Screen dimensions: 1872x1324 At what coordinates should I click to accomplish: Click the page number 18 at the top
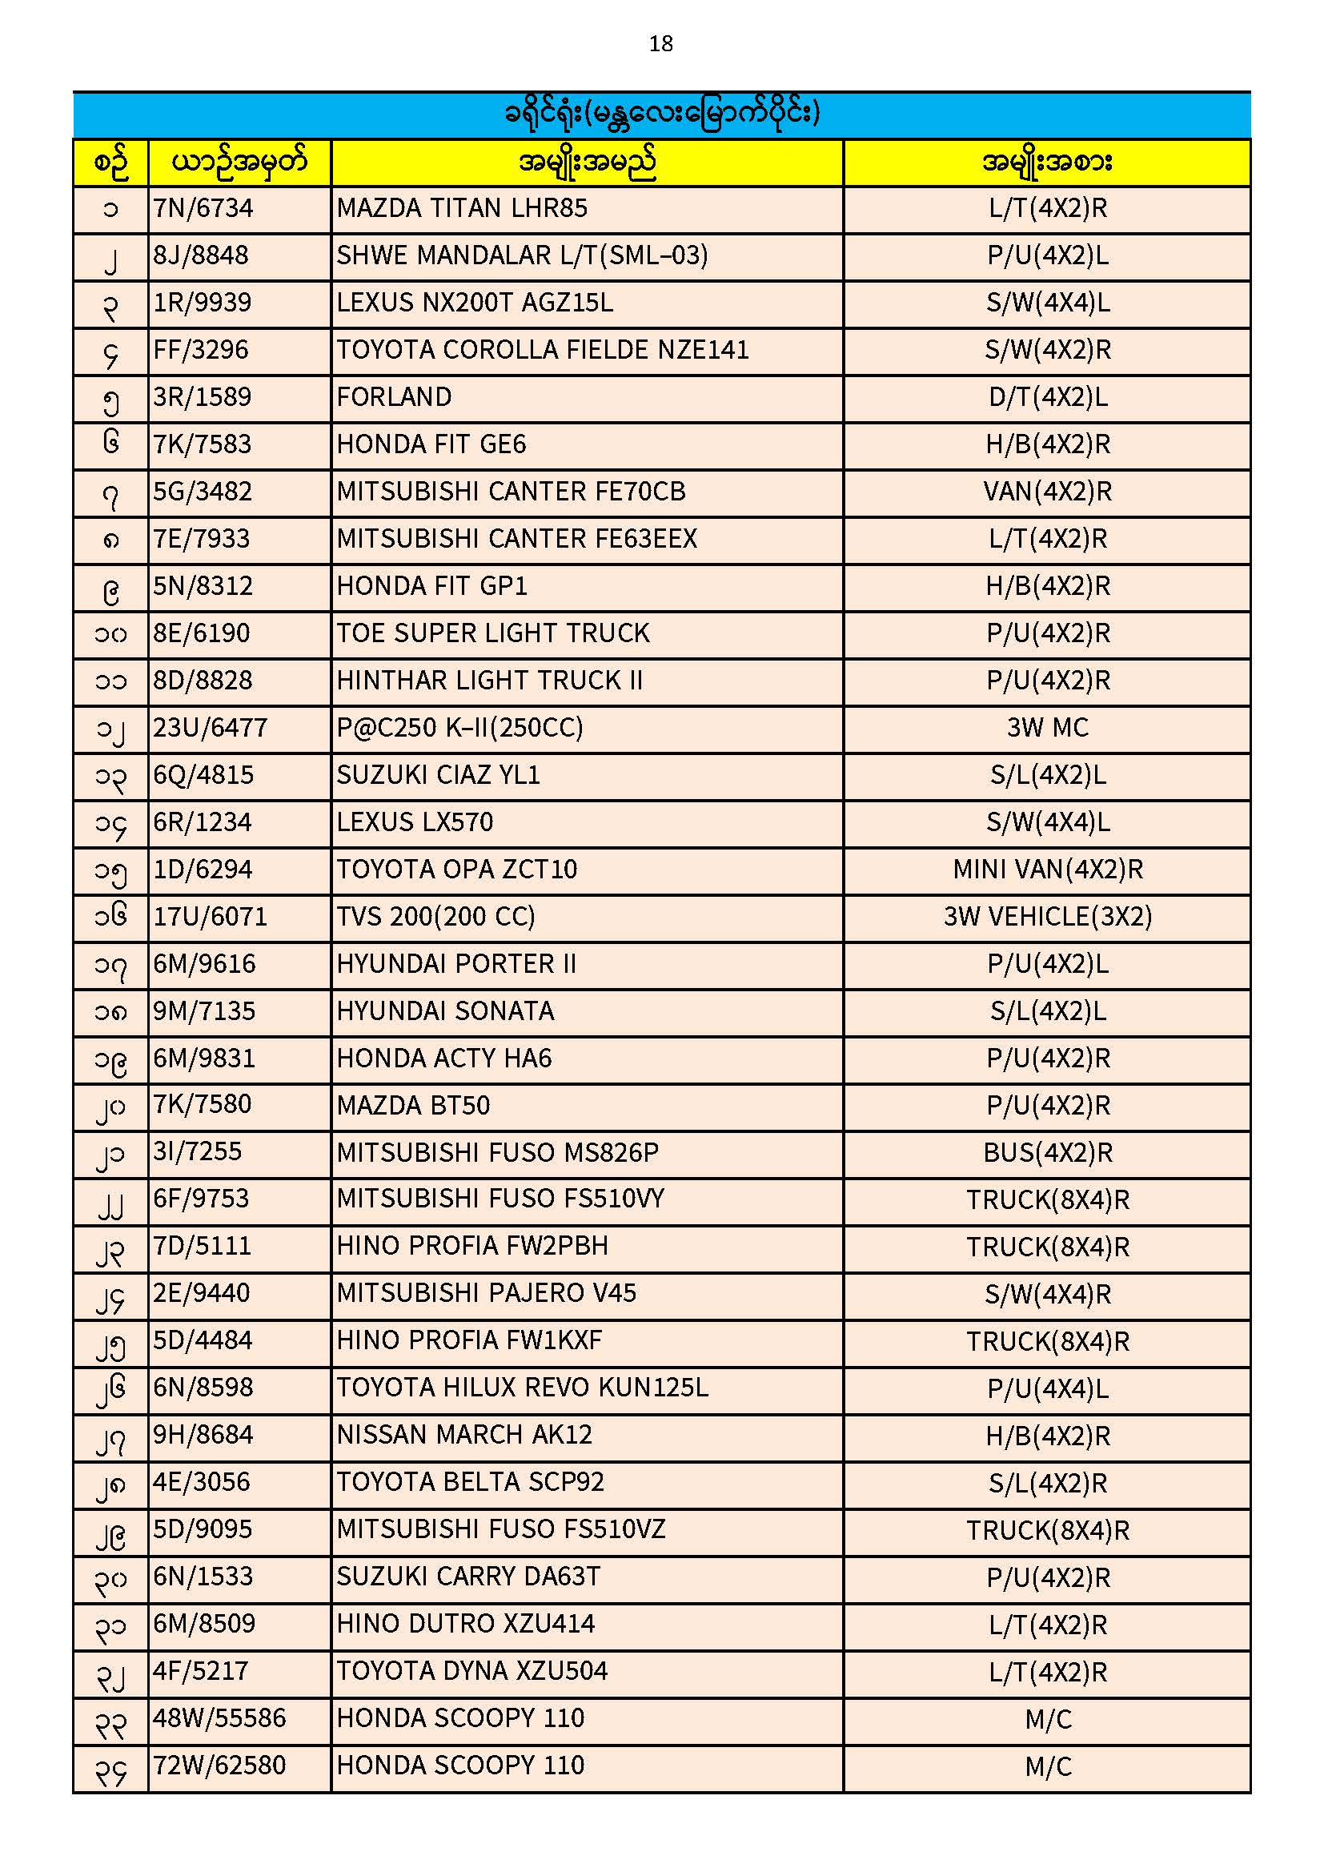tap(660, 44)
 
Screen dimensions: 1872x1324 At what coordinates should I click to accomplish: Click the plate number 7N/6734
tap(203, 209)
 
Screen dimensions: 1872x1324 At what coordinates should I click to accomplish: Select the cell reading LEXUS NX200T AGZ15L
tap(475, 303)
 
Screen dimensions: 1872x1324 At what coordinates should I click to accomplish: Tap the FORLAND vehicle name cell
tap(394, 397)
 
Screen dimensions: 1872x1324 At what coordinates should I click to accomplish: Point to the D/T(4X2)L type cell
tap(1048, 397)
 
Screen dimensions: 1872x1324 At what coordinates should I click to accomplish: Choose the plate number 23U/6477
tap(211, 727)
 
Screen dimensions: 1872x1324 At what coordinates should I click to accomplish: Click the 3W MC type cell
tap(1048, 727)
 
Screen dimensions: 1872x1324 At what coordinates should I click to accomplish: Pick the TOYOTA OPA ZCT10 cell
tap(456, 870)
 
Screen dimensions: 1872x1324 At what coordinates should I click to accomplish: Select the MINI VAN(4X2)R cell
tap(1048, 870)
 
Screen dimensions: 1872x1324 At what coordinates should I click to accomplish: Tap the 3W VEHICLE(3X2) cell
tap(1048, 917)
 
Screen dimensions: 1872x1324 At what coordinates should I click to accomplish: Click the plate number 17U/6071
tap(211, 917)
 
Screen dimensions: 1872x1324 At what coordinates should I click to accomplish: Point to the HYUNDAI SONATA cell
tap(445, 1011)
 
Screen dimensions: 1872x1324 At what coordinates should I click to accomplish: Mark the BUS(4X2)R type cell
tap(1048, 1153)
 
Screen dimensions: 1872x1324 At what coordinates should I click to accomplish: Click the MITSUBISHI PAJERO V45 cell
tap(486, 1293)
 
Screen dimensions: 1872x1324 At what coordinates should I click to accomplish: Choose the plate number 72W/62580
tap(219, 1766)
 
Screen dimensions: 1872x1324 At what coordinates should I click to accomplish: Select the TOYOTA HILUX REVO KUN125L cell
tap(522, 1388)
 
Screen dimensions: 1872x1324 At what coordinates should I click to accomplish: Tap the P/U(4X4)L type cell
tap(1048, 1388)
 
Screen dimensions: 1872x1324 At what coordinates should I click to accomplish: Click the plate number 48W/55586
tap(219, 1718)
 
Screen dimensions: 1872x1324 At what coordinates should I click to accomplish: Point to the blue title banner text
tap(661, 114)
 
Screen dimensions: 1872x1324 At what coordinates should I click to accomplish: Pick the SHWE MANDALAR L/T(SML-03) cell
tap(522, 256)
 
